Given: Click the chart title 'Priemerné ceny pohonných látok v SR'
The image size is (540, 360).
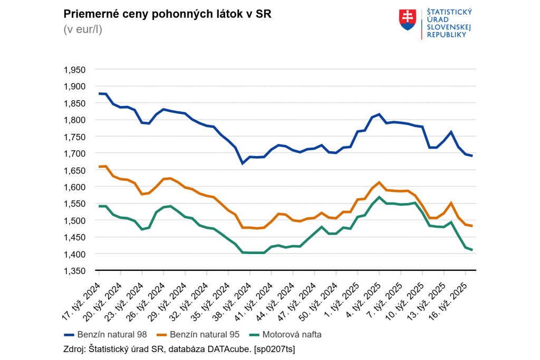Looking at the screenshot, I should click(x=167, y=14).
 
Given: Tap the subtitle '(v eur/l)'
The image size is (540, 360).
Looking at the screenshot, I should click(x=83, y=29).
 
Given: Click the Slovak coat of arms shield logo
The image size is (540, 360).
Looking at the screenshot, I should click(x=408, y=20).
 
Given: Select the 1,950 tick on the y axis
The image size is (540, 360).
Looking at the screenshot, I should click(x=74, y=70).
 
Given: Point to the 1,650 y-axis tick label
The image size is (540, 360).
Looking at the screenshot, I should click(x=74, y=170).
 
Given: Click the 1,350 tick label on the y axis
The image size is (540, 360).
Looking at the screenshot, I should click(x=74, y=271).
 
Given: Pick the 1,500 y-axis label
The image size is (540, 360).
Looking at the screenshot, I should click(x=74, y=220).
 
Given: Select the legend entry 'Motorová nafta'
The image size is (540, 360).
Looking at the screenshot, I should click(x=285, y=334).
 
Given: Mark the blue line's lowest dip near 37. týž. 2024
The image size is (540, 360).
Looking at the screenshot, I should click(x=243, y=163).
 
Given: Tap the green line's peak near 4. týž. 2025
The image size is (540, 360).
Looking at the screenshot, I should click(x=379, y=197).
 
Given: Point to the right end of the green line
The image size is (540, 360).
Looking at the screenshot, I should click(x=472, y=250).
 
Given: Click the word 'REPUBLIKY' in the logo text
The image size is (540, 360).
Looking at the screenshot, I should click(x=446, y=34).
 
